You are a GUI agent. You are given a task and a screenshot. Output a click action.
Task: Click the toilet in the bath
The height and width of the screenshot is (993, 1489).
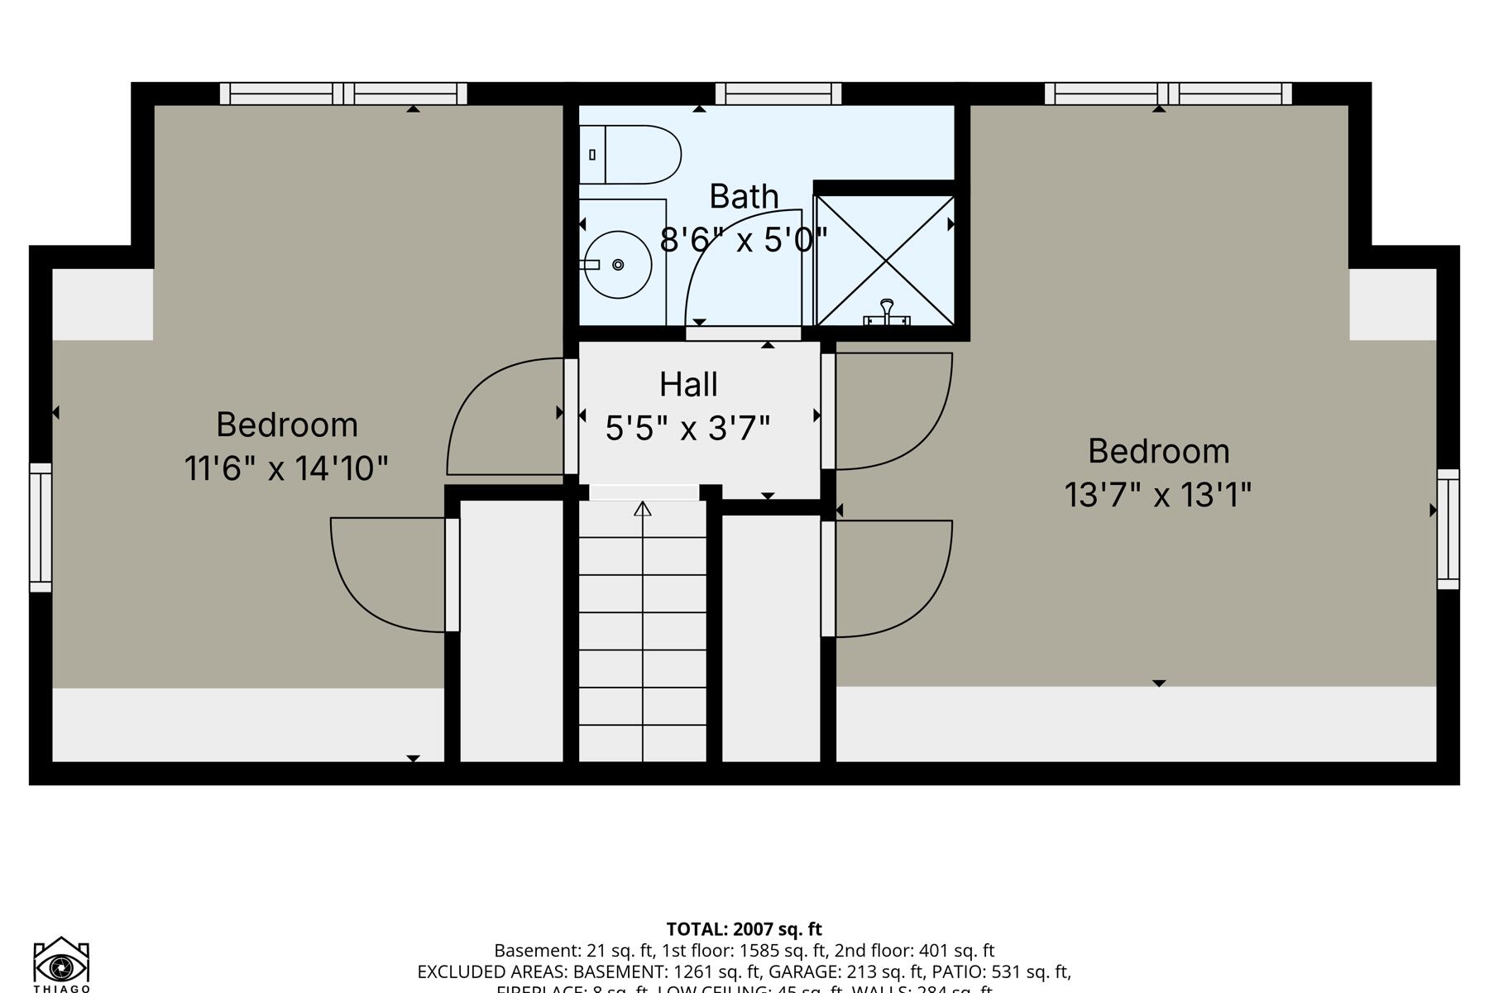pyautogui.click(x=633, y=155)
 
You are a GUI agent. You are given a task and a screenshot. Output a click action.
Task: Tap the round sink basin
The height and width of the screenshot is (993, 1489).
pyautogui.click(x=616, y=265)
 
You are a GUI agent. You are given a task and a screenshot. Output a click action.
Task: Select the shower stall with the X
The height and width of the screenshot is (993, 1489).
pyautogui.click(x=885, y=261)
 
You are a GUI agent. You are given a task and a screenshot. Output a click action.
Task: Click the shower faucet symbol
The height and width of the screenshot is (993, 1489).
pyautogui.click(x=887, y=314)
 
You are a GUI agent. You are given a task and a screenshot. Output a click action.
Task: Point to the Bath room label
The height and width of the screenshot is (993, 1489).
pyautogui.click(x=744, y=197)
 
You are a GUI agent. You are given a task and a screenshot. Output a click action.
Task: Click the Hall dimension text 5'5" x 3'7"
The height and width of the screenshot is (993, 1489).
pyautogui.click(x=687, y=429)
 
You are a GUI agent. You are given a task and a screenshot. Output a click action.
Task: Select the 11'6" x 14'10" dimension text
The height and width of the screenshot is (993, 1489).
pyautogui.click(x=286, y=468)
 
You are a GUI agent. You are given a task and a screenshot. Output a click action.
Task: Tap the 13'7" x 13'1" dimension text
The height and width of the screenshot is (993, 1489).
pyautogui.click(x=1157, y=496)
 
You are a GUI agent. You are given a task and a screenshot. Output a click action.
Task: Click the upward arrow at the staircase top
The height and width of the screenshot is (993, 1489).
pyautogui.click(x=643, y=508)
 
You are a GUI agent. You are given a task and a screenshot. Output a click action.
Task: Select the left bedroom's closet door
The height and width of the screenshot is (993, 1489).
pyautogui.click(x=381, y=579)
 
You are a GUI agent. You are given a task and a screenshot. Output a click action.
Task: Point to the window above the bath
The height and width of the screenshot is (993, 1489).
pyautogui.click(x=778, y=94)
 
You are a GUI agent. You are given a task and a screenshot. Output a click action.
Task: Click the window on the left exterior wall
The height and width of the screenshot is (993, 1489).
pyautogui.click(x=41, y=528)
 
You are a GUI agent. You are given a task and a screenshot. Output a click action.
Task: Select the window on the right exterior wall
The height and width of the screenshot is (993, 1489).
pyautogui.click(x=1448, y=529)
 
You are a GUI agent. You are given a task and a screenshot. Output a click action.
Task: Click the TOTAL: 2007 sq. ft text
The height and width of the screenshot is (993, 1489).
pyautogui.click(x=744, y=929)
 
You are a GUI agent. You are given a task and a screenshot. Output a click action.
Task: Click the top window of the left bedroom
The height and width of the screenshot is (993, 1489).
pyautogui.click(x=343, y=94)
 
